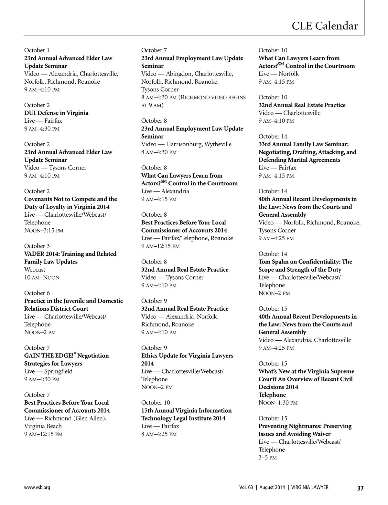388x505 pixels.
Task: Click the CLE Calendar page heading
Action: tap(325, 26)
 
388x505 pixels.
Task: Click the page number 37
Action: tap(360, 488)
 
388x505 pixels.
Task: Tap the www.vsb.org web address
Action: tap(37, 488)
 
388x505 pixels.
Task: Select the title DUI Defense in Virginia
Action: tap(56, 113)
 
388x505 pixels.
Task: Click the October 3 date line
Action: tap(37, 246)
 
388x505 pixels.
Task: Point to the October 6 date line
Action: tap(37, 293)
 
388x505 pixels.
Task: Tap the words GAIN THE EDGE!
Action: tap(48, 356)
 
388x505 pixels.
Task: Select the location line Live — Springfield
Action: tap(48, 371)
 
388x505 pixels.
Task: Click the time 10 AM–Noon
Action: tap(42, 278)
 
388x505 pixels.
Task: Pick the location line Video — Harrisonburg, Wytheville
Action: tap(186, 144)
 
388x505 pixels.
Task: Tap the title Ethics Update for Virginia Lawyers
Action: tap(187, 356)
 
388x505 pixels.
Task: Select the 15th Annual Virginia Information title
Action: tap(187, 411)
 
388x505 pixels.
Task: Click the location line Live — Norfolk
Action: tap(279, 74)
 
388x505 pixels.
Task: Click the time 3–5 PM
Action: tap(268, 458)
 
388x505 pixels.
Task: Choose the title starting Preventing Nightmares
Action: tap(305, 426)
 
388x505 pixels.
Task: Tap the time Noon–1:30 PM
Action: tap(278, 403)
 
